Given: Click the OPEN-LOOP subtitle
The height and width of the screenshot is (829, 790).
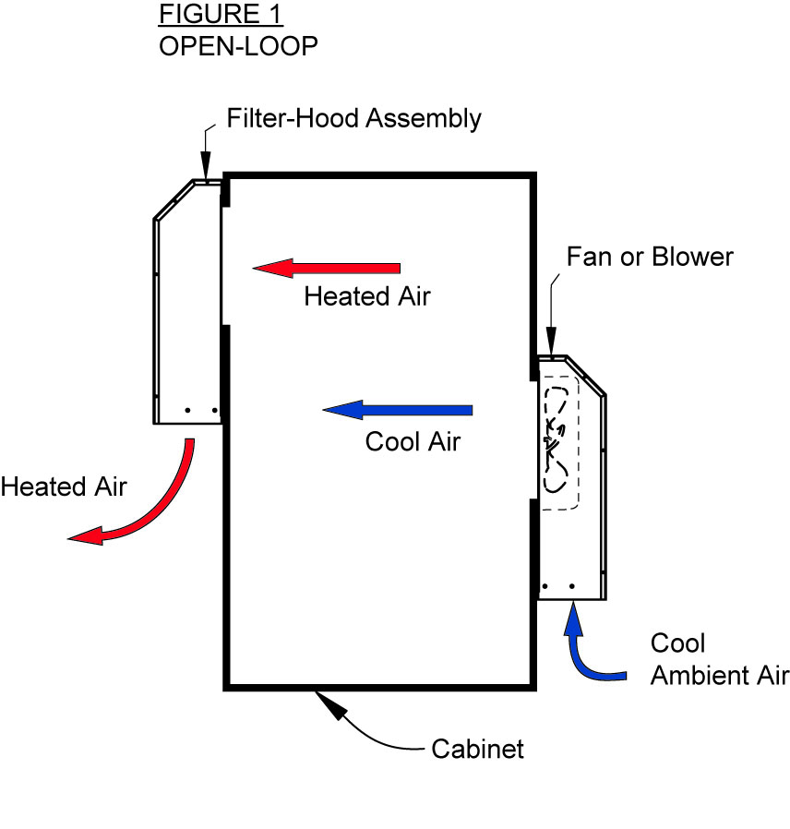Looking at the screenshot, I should click(x=238, y=45).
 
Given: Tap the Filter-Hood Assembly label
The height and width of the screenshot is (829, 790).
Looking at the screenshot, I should click(x=354, y=118).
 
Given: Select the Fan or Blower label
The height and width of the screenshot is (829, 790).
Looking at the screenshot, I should click(x=650, y=256).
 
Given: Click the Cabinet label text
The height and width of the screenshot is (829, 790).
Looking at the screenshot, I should click(x=477, y=748).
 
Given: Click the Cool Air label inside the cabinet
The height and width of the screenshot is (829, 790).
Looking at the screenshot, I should click(x=413, y=441).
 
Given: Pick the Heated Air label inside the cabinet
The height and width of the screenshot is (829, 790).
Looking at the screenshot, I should click(x=367, y=296).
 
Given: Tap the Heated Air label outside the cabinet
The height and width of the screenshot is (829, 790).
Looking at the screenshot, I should click(x=64, y=487).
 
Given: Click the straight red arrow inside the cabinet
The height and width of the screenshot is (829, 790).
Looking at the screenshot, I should click(x=327, y=269).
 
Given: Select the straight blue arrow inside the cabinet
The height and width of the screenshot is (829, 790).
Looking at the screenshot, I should click(x=398, y=410).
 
